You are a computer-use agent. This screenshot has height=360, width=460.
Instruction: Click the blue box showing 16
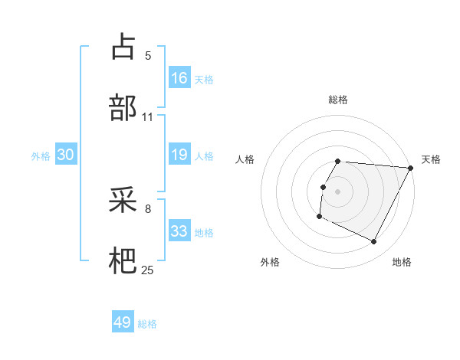[x=179, y=77]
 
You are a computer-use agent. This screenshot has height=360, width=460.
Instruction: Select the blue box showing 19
[x=179, y=155]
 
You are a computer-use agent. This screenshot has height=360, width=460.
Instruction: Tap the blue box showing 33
[x=179, y=231]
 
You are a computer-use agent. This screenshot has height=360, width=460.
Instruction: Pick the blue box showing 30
[x=66, y=155]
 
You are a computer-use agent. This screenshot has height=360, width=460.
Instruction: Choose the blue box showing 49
[x=123, y=322]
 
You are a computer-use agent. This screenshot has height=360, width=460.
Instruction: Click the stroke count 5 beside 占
[x=148, y=56]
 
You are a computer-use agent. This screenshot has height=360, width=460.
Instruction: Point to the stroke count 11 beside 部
[x=148, y=117]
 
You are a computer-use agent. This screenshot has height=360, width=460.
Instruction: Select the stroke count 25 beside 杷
[x=148, y=270]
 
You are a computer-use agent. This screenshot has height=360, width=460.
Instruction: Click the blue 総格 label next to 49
[x=148, y=324]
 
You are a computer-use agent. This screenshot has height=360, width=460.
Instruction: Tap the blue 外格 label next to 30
[x=41, y=156]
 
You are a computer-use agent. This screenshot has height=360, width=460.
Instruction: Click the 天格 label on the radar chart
[x=431, y=159]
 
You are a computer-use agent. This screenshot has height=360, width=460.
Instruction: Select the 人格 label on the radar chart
[x=245, y=159]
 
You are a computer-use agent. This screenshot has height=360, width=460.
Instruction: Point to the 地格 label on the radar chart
[x=402, y=262]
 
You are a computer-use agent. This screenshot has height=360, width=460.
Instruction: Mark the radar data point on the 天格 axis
[x=411, y=167]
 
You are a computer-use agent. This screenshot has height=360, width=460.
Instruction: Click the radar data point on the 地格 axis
[x=374, y=242]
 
